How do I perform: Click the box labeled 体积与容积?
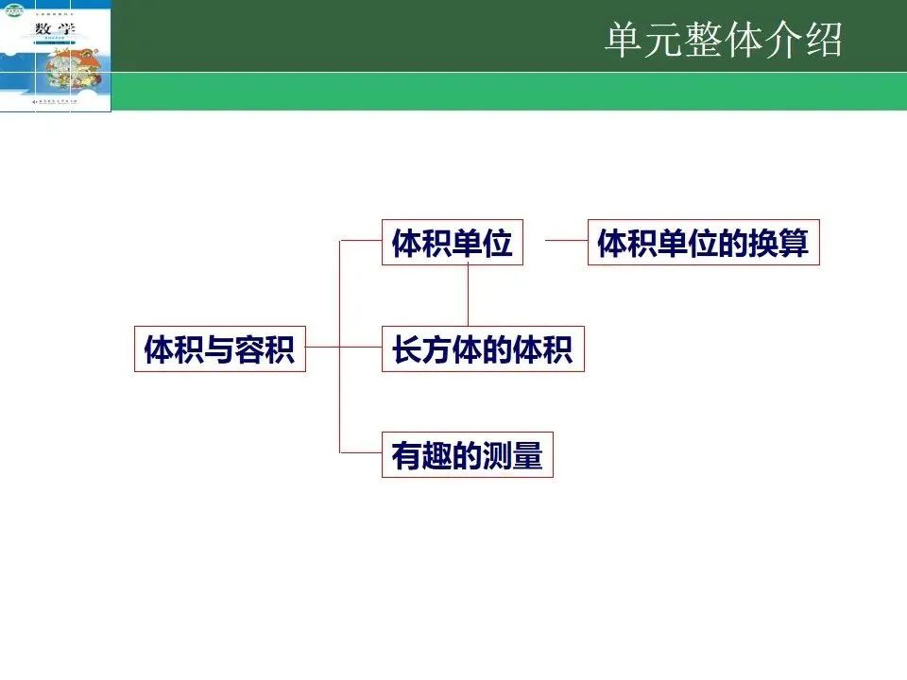[x=220, y=348]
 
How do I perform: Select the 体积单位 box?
[x=452, y=243]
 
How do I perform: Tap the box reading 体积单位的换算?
[x=703, y=243]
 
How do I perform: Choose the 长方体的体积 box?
[x=483, y=348]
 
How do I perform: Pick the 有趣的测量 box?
[x=467, y=455]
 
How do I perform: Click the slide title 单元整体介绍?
[x=724, y=41]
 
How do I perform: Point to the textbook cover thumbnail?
[x=56, y=56]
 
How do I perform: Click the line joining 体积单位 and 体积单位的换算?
[x=566, y=241]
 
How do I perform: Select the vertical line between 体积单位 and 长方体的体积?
[x=468, y=296]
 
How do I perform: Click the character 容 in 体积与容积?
[x=249, y=349]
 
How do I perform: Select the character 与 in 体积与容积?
[x=220, y=349]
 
